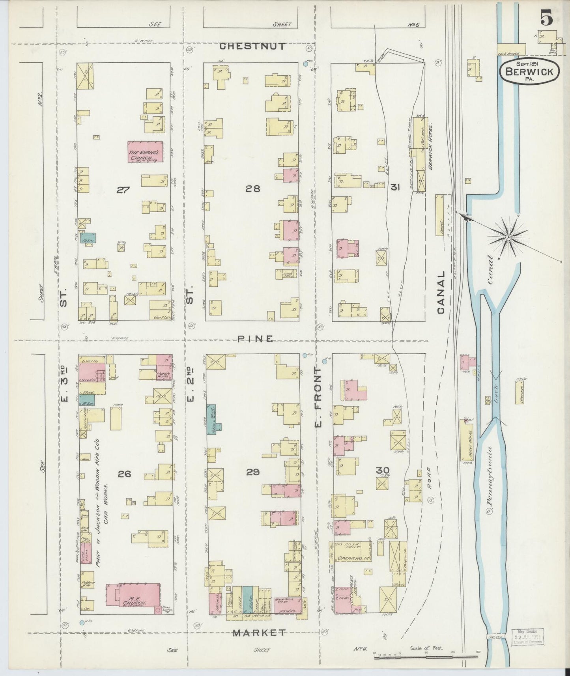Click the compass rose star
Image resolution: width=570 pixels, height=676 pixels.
508,237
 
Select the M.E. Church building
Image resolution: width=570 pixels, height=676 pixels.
133,600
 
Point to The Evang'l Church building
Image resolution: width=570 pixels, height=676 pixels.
145,152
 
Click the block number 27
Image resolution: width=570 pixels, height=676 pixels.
123,190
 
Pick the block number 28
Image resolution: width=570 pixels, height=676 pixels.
252,189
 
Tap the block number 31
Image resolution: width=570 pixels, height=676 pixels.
395,188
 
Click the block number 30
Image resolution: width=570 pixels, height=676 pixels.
383,471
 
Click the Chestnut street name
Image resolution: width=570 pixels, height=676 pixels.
252,47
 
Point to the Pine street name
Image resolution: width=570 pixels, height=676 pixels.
256,339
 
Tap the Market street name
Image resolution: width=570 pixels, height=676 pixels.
259,633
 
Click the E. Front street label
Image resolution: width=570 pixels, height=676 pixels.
318,397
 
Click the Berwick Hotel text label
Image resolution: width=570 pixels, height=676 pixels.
431,146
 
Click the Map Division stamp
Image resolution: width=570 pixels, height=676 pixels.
527,637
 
